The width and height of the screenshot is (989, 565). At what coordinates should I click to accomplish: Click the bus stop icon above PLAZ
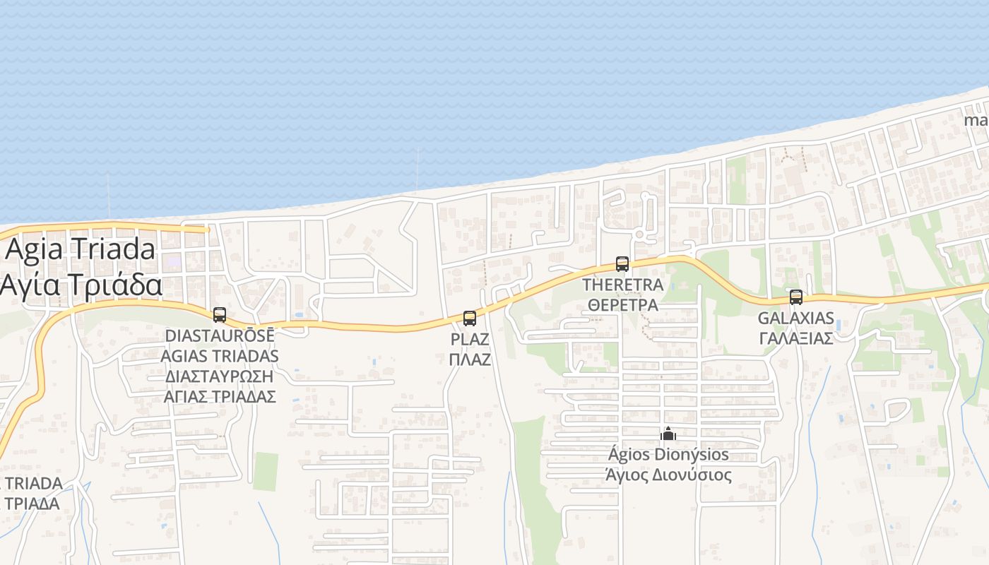click(x=470, y=319)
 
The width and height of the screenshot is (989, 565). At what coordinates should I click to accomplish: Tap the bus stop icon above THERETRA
click(x=622, y=264)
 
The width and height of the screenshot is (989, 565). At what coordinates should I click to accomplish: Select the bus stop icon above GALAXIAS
click(x=796, y=297)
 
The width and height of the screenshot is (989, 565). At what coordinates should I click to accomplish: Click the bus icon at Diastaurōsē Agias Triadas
click(x=220, y=315)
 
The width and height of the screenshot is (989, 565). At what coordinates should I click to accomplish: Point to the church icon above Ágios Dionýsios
click(x=668, y=433)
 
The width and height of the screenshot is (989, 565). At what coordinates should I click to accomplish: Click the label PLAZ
click(x=470, y=340)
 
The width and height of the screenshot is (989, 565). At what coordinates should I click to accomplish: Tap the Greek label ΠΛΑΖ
click(x=470, y=359)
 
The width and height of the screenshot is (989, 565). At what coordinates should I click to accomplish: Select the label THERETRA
click(x=622, y=285)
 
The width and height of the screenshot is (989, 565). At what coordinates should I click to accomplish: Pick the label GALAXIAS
click(x=796, y=319)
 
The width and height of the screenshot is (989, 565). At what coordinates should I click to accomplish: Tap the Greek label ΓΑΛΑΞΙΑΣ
click(x=796, y=338)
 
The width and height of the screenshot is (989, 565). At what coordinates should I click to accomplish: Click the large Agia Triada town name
click(x=81, y=250)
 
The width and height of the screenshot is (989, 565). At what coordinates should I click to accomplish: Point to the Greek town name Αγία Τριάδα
click(x=81, y=286)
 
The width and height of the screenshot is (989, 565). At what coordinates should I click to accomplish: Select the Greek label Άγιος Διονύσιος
click(x=668, y=475)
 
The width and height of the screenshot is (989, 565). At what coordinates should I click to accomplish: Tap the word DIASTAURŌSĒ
click(x=220, y=335)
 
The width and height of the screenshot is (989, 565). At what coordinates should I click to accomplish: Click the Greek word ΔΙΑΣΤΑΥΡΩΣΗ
click(x=220, y=376)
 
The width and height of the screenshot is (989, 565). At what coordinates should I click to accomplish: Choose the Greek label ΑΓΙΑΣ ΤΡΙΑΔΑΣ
click(x=220, y=397)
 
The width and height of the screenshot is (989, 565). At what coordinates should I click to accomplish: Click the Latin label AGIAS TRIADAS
click(x=220, y=356)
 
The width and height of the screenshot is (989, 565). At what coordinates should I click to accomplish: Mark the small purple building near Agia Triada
click(x=173, y=261)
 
